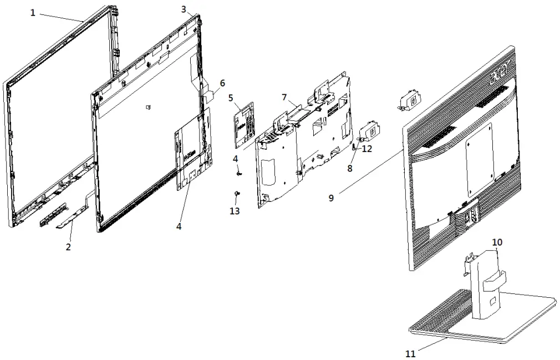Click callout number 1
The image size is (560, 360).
pos(33,13)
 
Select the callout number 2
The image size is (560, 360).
pos(68,247)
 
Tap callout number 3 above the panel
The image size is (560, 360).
pos(184,9)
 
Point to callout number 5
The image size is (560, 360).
pos(231,98)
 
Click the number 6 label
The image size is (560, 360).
pos(222,83)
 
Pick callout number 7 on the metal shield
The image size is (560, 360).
pos(284,98)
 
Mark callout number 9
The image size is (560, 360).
pos(331,197)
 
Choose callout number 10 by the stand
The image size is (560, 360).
pos(497,242)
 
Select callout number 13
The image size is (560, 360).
pos(235,211)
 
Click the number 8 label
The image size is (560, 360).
pos(349,169)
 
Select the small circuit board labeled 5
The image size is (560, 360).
pos(244,125)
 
